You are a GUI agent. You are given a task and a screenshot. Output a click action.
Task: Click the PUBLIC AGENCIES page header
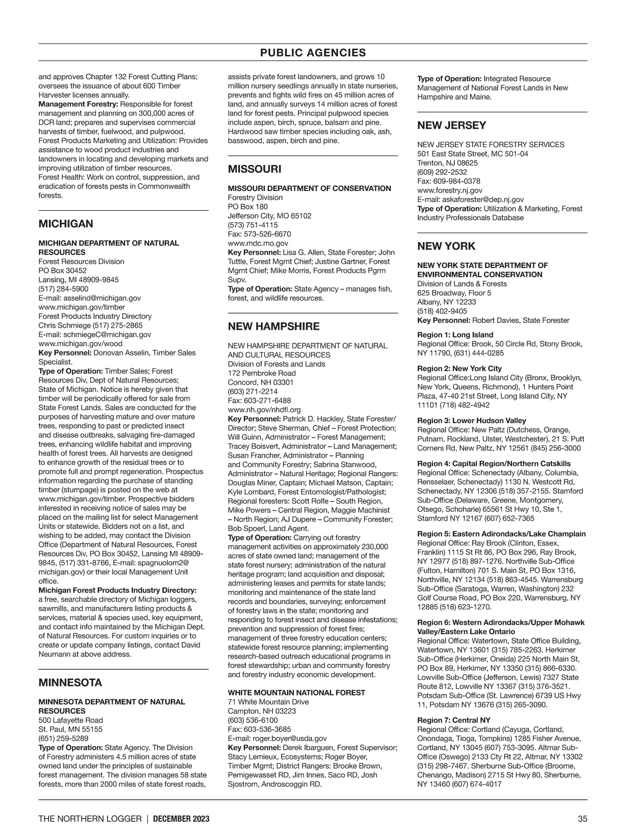click(x=313, y=53)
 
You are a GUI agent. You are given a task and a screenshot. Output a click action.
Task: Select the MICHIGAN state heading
click(x=66, y=224)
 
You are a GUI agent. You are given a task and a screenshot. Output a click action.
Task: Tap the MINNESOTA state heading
click(x=70, y=683)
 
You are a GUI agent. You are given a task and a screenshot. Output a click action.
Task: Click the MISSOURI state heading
click(x=255, y=169)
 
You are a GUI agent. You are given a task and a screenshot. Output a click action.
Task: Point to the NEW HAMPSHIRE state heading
click(x=273, y=327)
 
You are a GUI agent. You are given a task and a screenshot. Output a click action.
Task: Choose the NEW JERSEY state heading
click(x=451, y=125)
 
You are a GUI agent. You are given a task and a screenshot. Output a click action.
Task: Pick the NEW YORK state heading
click(x=446, y=246)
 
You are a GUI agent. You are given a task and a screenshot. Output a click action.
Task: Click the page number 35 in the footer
click(x=582, y=819)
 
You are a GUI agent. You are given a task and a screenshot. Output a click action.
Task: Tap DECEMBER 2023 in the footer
click(x=182, y=819)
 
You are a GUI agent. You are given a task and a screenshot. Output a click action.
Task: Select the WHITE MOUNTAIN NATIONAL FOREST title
click(x=296, y=692)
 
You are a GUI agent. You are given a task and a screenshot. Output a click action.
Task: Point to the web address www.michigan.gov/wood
click(x=80, y=343)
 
